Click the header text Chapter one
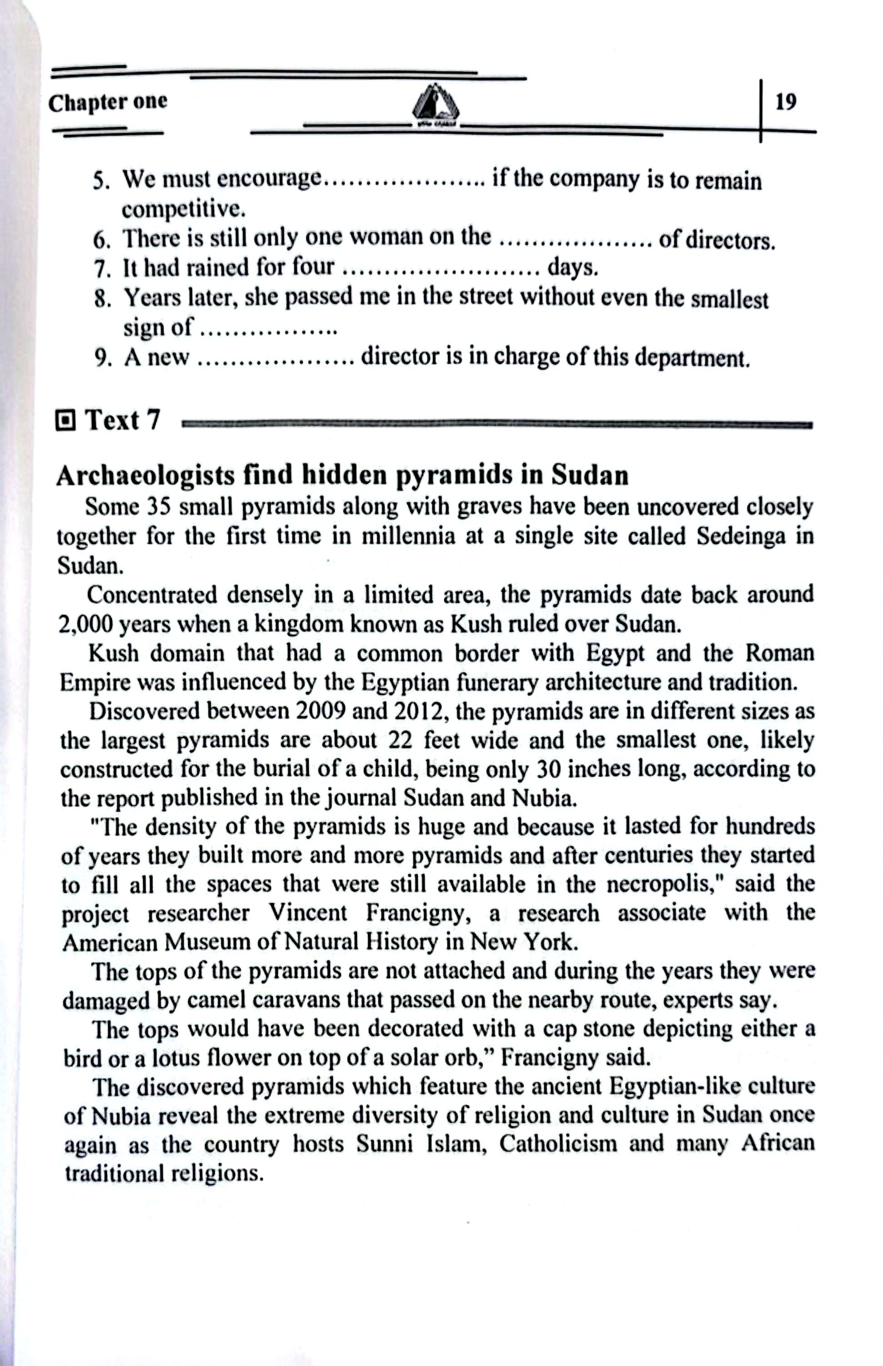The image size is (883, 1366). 108,103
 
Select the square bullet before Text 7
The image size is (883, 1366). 66,422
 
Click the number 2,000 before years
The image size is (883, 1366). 85,624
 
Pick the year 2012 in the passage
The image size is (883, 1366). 416,711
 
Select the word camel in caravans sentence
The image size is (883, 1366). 217,1001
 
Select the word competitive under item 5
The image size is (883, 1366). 184,209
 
